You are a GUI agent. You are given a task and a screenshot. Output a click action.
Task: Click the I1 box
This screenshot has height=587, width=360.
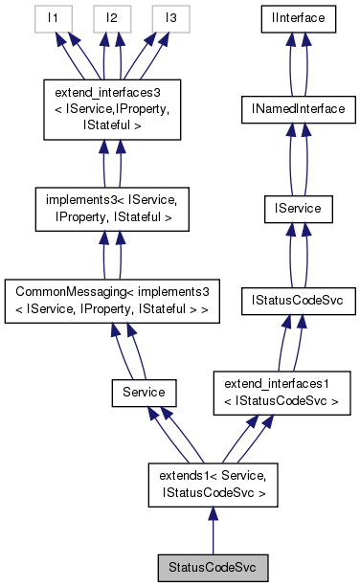click(58, 18)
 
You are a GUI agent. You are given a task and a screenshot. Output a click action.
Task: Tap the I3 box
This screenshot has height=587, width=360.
click(169, 18)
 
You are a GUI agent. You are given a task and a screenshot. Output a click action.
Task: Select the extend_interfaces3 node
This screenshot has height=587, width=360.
click(114, 105)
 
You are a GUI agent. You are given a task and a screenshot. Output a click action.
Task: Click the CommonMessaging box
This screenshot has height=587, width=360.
click(114, 300)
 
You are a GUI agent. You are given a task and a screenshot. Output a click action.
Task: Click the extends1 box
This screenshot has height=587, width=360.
click(213, 486)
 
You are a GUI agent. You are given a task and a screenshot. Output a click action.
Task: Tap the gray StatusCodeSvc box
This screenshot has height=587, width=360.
click(213, 568)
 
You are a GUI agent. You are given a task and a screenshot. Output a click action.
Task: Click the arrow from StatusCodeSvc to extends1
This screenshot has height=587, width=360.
click(213, 532)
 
